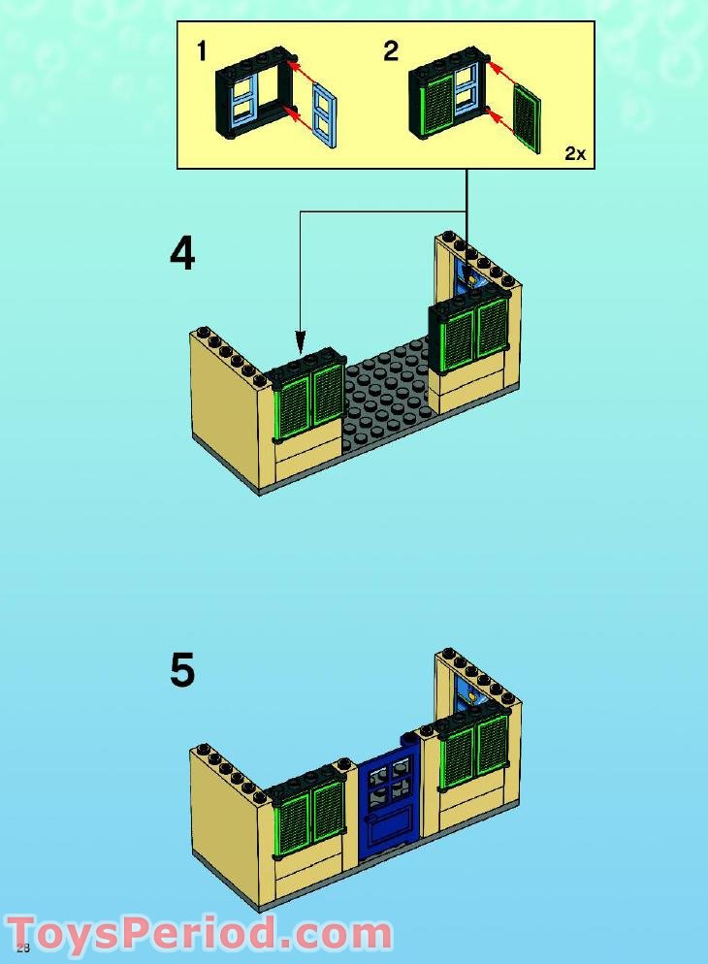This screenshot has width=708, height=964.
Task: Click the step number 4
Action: click(x=182, y=255)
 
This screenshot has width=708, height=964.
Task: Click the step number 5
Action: click(x=182, y=670)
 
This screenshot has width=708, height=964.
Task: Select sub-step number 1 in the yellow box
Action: click(x=202, y=51)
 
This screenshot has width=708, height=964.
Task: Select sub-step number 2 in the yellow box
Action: click(x=390, y=51)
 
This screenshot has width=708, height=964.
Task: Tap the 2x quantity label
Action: click(x=575, y=153)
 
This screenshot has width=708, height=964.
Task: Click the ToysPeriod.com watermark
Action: click(x=199, y=934)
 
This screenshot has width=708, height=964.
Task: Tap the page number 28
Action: click(x=23, y=948)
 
